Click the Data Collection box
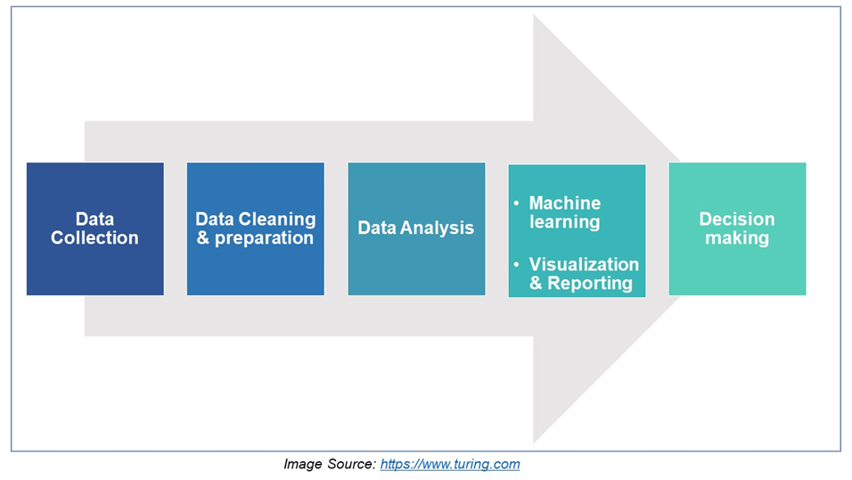click(95, 228)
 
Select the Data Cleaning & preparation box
click(256, 228)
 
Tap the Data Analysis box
click(416, 228)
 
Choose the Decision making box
click(737, 228)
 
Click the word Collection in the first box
click(94, 238)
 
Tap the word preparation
click(264, 239)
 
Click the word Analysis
click(438, 228)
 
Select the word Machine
click(565, 203)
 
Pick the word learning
click(564, 222)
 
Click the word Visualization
click(584, 264)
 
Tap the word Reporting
click(590, 284)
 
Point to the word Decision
click(737, 219)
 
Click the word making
click(737, 238)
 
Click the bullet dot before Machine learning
click(516, 203)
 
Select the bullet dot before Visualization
click(516, 264)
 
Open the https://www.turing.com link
click(450, 464)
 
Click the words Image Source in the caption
click(329, 464)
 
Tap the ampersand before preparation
click(202, 238)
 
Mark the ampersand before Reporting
click(536, 283)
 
